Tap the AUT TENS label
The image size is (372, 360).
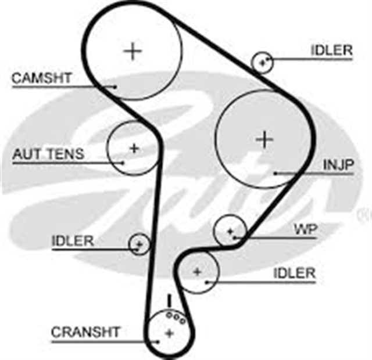point(48,154)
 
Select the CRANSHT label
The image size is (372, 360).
point(85,332)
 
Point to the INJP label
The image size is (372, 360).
point(338,165)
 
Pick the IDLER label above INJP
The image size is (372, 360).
point(331,51)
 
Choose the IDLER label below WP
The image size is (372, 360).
point(294,273)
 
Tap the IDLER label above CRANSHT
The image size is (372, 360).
point(72,241)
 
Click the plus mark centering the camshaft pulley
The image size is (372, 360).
point(133,51)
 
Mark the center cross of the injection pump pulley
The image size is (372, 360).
point(264,139)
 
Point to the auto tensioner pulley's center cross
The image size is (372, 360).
point(134,148)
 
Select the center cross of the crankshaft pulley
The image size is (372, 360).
point(169,333)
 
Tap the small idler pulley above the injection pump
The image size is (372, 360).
point(263,62)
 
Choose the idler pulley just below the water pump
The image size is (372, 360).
point(198,271)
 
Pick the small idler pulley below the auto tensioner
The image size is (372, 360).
point(139,243)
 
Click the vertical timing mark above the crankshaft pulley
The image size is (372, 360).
point(169,301)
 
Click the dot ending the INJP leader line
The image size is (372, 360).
point(275,173)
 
